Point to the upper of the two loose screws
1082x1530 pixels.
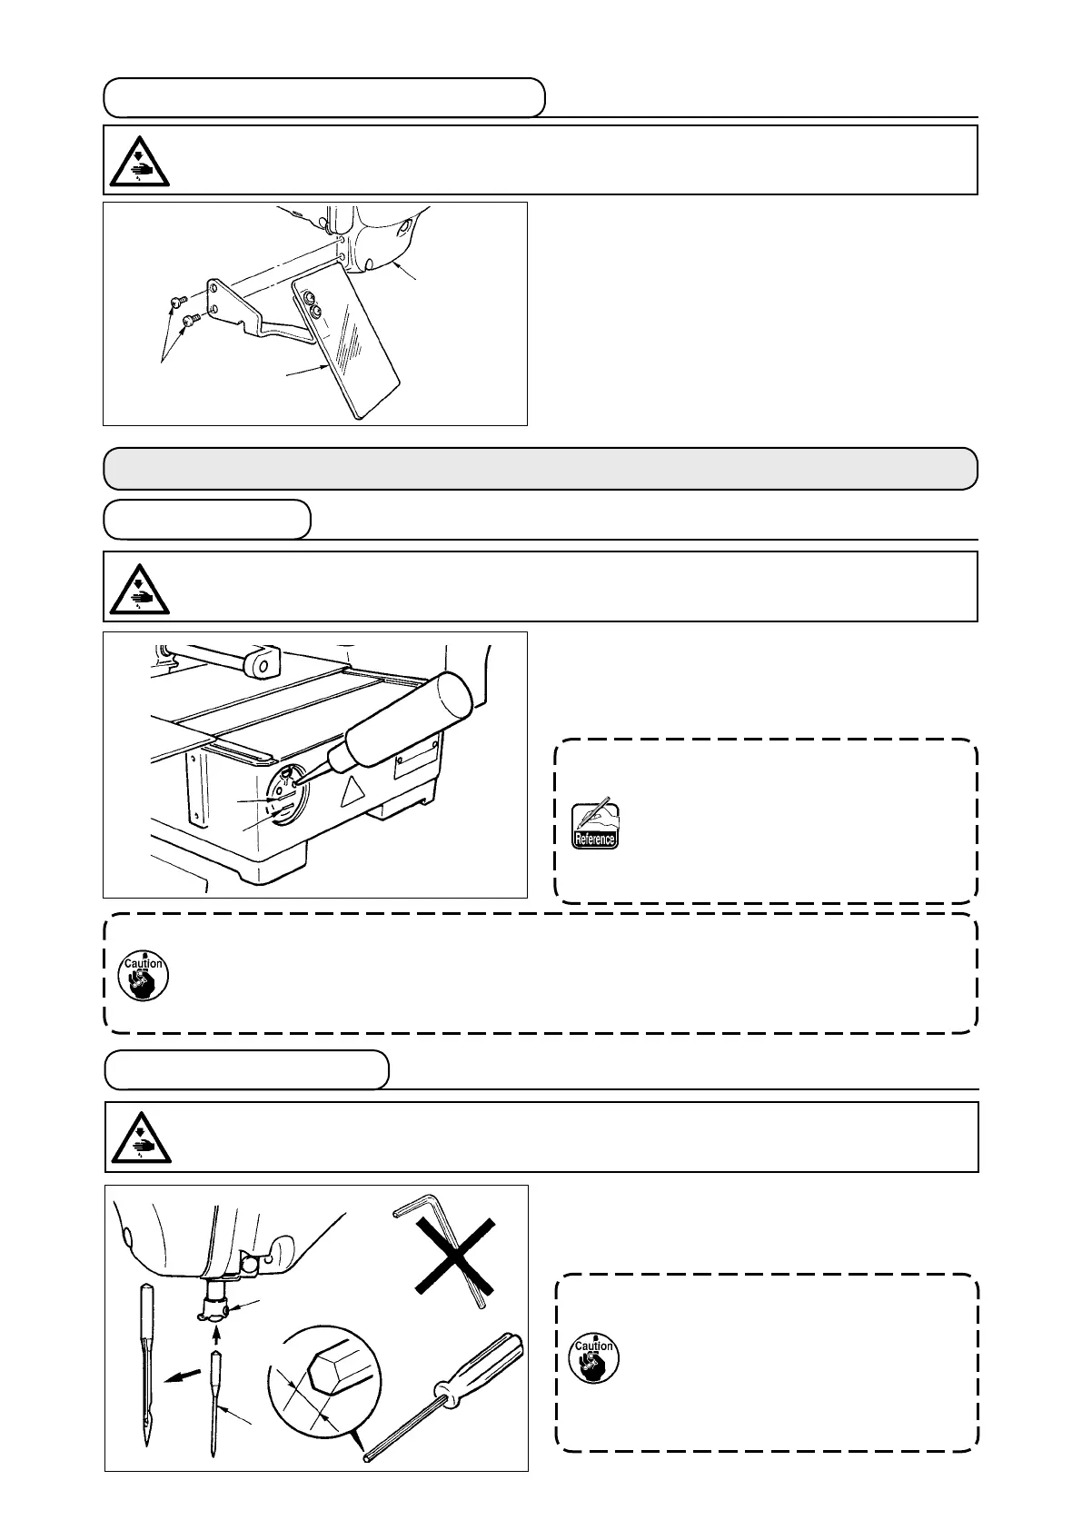tap(177, 302)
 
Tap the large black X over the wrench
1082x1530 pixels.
tap(455, 1256)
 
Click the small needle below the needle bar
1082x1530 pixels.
tap(215, 1408)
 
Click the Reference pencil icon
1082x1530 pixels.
tap(594, 825)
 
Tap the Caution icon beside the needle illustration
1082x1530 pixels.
tap(594, 1356)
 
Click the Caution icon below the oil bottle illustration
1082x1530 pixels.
tap(144, 974)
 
